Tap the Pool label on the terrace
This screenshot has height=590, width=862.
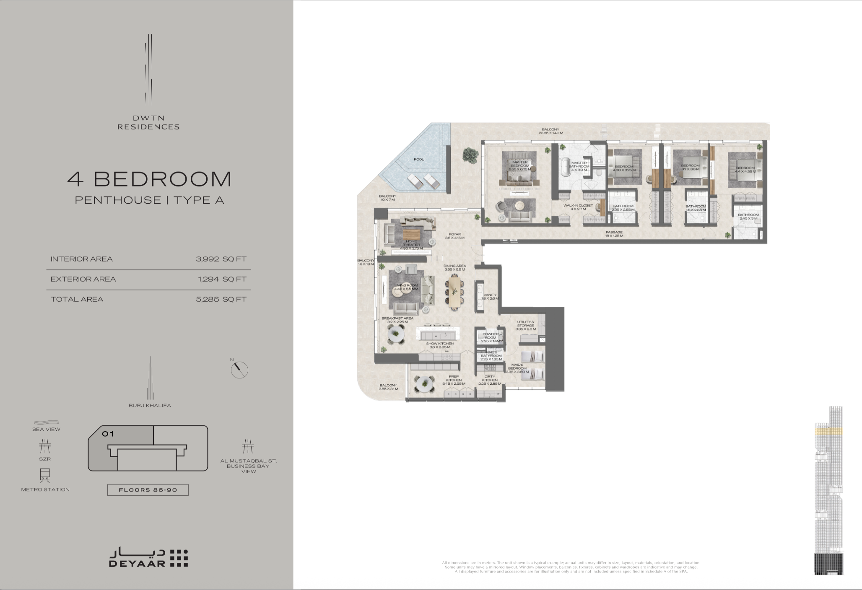point(418,160)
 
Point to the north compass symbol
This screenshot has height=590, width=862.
point(239,370)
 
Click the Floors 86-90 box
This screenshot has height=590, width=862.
point(148,490)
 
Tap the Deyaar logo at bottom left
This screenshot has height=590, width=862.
point(148,558)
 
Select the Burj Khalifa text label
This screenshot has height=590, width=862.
point(150,406)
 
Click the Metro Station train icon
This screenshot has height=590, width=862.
point(45,475)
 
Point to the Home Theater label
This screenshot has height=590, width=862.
point(411,244)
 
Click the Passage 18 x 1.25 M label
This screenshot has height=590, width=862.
point(614,234)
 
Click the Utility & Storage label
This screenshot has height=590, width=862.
point(525,326)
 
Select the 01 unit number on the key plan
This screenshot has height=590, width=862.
point(108,434)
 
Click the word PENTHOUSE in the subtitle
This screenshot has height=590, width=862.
point(118,200)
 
